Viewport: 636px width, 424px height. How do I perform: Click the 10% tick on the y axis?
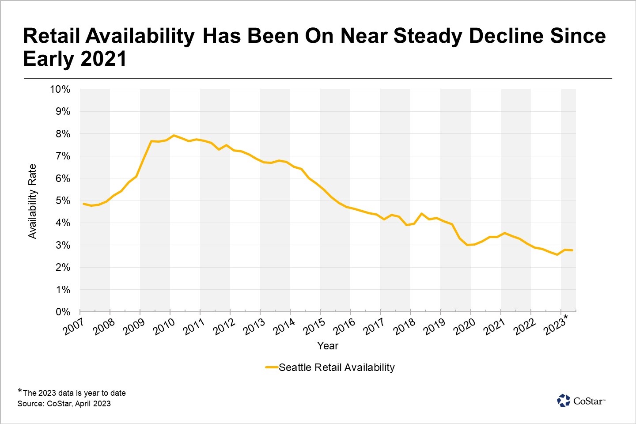(60, 90)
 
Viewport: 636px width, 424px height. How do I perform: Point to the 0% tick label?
(63, 312)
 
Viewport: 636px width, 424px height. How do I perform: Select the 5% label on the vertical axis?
(63, 201)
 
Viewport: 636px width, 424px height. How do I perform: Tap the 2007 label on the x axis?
(74, 327)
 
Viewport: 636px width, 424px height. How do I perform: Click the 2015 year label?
(314, 327)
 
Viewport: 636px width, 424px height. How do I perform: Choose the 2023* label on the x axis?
(556, 326)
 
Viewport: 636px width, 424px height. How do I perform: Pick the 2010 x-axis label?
(164, 327)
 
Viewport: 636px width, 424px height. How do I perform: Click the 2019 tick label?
(434, 327)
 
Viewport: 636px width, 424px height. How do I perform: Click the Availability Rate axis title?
(32, 201)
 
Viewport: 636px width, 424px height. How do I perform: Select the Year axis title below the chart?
(328, 346)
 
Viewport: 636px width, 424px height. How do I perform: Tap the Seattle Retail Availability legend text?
(337, 367)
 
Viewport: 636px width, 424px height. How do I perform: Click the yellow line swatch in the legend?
(272, 367)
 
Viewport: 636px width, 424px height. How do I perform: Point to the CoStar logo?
(581, 401)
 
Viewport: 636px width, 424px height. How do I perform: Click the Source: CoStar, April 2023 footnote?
(64, 404)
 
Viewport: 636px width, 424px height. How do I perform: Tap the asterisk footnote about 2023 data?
(72, 393)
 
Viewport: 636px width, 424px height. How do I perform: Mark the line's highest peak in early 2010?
(174, 135)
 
